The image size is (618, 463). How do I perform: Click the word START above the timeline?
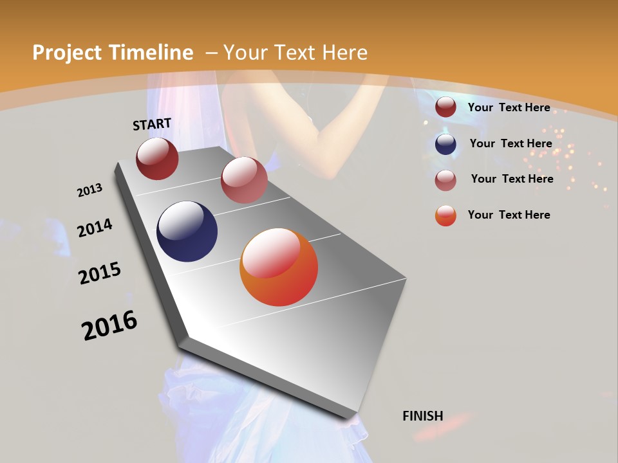pyautogui.click(x=152, y=124)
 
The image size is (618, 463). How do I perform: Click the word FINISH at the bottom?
pyautogui.click(x=423, y=416)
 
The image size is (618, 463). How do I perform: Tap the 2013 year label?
pyautogui.click(x=90, y=190)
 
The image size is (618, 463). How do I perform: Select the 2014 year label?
pyautogui.click(x=95, y=228)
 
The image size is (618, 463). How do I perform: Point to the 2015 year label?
pyautogui.click(x=100, y=273)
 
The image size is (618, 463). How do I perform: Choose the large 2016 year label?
pyautogui.click(x=109, y=325)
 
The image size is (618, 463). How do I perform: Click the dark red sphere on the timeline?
pyautogui.click(x=157, y=159)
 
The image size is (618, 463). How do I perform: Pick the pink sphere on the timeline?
pyautogui.click(x=244, y=180)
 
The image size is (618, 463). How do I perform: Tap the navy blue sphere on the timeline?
pyautogui.click(x=187, y=232)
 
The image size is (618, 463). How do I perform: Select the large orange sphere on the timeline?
pyautogui.click(x=279, y=267)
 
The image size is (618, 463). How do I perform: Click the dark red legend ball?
pyautogui.click(x=445, y=107)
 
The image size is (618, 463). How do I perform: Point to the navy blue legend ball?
pyautogui.click(x=445, y=144)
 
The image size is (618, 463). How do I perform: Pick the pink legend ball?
pyautogui.click(x=445, y=180)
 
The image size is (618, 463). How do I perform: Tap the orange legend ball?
pyautogui.click(x=445, y=215)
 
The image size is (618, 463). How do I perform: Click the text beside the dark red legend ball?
pyautogui.click(x=509, y=107)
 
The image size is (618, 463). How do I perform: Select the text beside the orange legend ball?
pyautogui.click(x=509, y=215)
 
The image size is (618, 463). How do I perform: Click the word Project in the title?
pyautogui.click(x=66, y=53)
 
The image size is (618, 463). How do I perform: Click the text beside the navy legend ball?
pyautogui.click(x=510, y=143)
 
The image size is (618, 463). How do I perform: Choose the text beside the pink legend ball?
pyautogui.click(x=512, y=179)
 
